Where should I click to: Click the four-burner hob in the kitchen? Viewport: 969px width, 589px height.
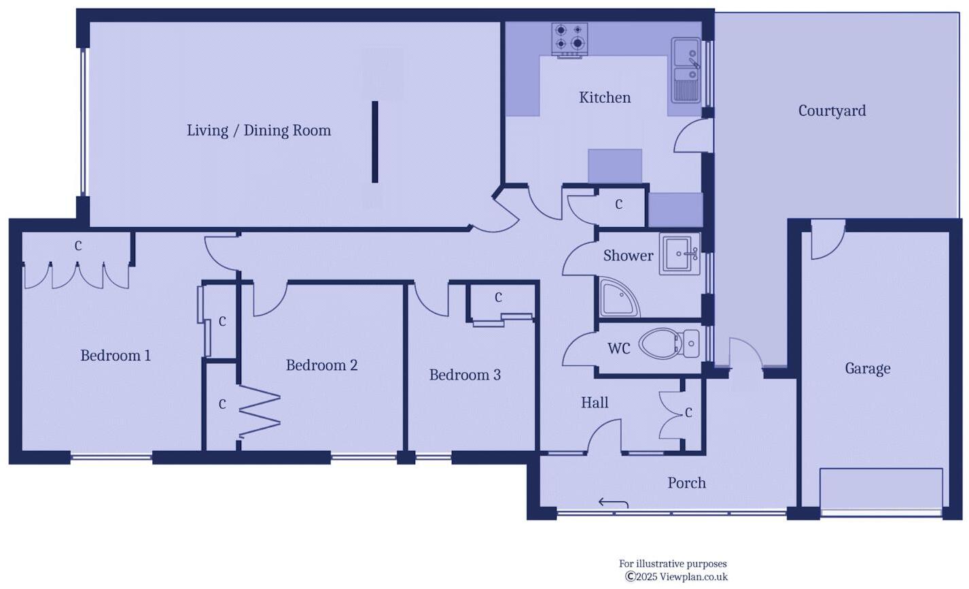[569, 39]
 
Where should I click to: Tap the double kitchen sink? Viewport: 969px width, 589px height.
[686, 69]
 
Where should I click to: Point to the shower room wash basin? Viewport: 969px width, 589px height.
[679, 254]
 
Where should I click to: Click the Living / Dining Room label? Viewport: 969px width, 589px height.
[259, 131]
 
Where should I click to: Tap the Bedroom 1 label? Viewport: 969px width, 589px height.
[116, 355]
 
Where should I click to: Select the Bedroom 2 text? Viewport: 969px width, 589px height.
[321, 365]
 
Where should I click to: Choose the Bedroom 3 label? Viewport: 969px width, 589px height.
[465, 375]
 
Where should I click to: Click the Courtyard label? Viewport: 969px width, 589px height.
[832, 111]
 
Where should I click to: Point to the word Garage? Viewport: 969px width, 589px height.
[867, 369]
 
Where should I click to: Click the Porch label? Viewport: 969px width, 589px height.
[686, 483]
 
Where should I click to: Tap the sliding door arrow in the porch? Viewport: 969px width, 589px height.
[613, 503]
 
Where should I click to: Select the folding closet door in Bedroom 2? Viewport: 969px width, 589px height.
[260, 411]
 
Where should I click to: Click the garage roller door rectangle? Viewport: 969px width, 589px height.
[881, 488]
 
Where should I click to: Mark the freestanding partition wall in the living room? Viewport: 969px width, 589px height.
[374, 141]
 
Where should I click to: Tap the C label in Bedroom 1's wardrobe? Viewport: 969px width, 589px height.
[78, 246]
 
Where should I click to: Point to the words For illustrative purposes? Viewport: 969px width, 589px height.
[672, 564]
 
